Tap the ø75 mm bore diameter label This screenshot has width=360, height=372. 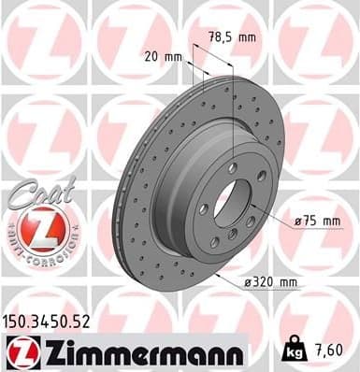tap(313, 221)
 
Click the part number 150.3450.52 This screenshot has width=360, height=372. tap(47, 322)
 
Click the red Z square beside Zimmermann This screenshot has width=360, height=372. tap(19, 351)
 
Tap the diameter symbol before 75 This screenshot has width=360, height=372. tap(298, 221)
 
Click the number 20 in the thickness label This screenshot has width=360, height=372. tap(152, 56)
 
